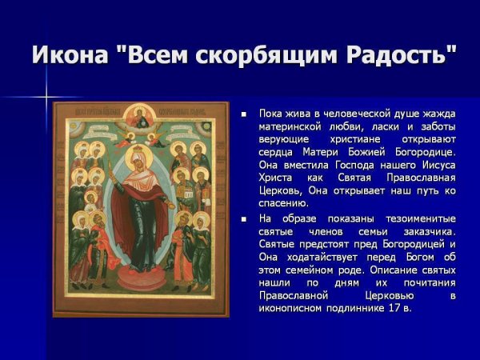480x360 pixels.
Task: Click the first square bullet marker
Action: (x=244, y=115)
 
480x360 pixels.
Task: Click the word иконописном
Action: (x=293, y=308)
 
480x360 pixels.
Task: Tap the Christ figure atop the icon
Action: (x=141, y=116)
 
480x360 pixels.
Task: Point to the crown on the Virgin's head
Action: (x=141, y=149)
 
